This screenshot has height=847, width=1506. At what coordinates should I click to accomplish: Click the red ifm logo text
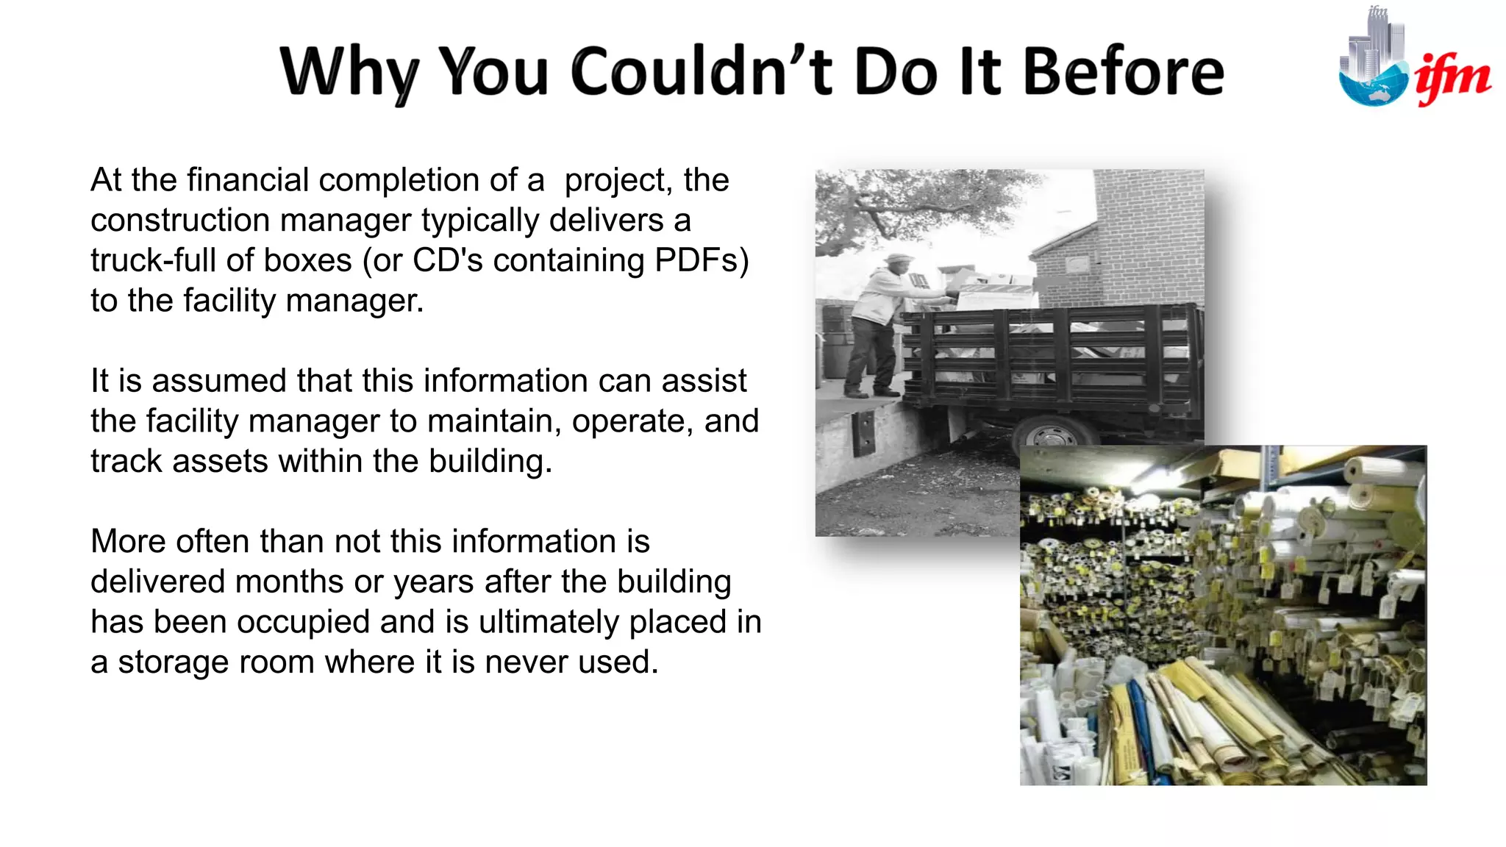tap(1453, 78)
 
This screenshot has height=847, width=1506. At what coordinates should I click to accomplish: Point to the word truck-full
tap(158, 260)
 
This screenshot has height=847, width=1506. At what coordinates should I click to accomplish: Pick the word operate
tap(632, 421)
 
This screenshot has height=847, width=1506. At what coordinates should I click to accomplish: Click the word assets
tap(220, 462)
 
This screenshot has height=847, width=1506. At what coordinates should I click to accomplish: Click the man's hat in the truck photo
tap(898, 260)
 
